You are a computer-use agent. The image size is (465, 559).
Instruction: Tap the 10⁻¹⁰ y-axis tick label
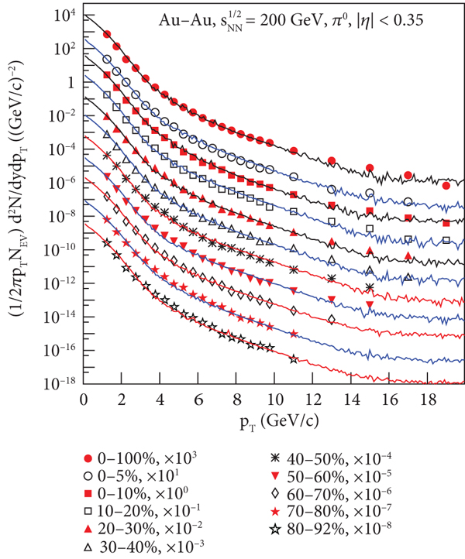click(60, 250)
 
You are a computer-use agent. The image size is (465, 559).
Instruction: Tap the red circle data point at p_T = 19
click(446, 186)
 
